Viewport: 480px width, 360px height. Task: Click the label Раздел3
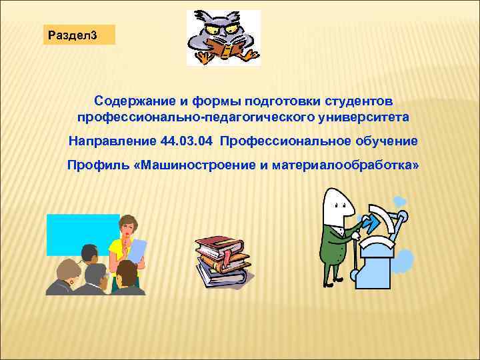pyautogui.click(x=79, y=35)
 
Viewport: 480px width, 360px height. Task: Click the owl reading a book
pyautogui.click(x=223, y=38)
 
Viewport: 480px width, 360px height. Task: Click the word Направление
pyautogui.click(x=111, y=141)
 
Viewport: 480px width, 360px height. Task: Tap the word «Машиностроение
pyautogui.click(x=194, y=164)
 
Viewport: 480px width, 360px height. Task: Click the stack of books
pyautogui.click(x=223, y=261)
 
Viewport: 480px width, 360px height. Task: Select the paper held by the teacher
pyautogui.click(x=137, y=251)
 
